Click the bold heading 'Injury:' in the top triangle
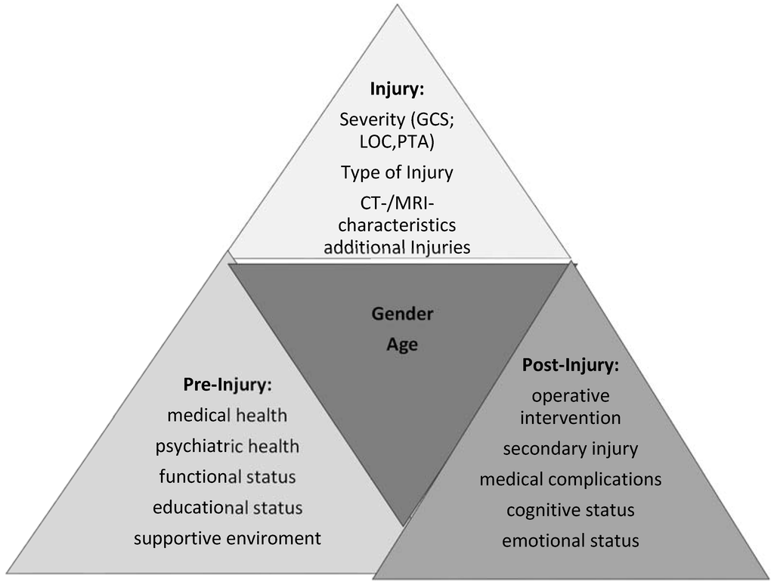click(x=397, y=89)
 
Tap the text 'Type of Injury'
click(x=397, y=172)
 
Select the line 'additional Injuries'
click(x=397, y=247)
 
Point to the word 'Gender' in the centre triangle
click(x=402, y=314)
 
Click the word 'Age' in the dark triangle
click(x=402, y=345)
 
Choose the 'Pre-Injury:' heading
click(x=227, y=385)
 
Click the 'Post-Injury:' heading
click(x=571, y=365)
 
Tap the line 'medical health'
click(x=227, y=415)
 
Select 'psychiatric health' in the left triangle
click(x=227, y=446)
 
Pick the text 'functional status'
click(x=227, y=477)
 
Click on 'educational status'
click(x=227, y=507)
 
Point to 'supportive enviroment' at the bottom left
click(x=227, y=538)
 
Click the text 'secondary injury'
click(x=571, y=448)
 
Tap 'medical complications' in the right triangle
click(x=571, y=479)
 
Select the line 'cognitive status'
click(x=571, y=510)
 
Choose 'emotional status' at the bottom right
click(x=571, y=540)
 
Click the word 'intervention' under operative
click(x=571, y=417)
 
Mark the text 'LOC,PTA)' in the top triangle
click(x=397, y=141)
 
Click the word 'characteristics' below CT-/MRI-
click(x=397, y=226)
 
